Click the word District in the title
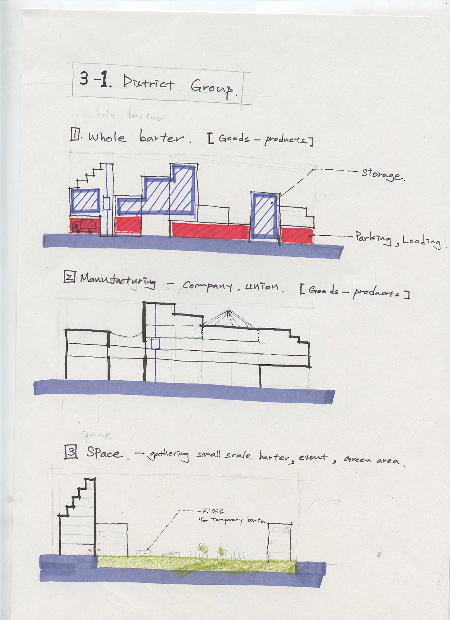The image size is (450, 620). point(149,83)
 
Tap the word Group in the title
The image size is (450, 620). point(212,88)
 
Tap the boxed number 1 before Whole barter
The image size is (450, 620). point(75,135)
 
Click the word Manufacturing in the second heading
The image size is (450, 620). point(118,281)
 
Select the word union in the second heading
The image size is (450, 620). point(262,286)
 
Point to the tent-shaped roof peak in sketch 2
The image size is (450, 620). point(229,311)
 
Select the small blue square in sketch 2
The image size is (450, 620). point(155,344)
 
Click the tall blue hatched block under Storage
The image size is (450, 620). point(264,215)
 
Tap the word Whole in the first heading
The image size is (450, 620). point(107,137)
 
